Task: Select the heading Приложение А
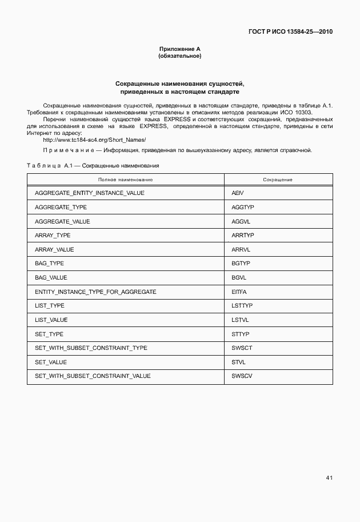point(179,49)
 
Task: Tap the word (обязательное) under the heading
point(179,56)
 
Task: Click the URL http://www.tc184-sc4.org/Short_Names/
point(94,140)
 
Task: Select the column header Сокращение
point(278,180)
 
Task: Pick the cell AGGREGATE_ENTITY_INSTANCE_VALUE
point(90,193)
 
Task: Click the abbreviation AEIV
point(238,193)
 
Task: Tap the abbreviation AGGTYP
point(242,207)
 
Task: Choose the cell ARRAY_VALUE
point(54,249)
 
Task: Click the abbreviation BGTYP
point(241,264)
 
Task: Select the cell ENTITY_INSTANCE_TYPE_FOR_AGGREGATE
point(95,292)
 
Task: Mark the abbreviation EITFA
point(239,292)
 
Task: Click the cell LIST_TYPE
point(50,306)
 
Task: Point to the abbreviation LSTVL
point(240,320)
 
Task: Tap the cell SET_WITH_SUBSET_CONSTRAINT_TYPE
point(91,348)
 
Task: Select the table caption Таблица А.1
point(48,165)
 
